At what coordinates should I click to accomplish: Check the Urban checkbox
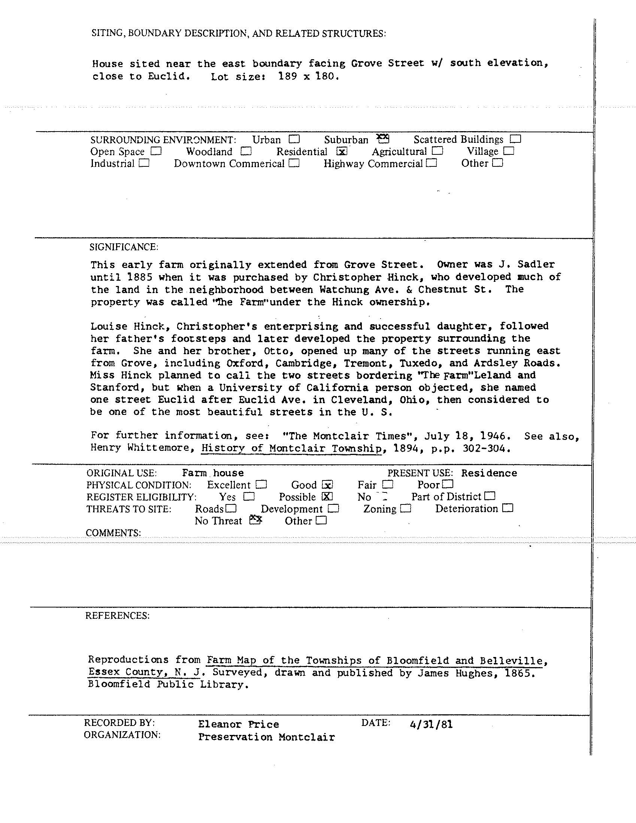click(x=294, y=139)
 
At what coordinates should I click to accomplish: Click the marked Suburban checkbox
click(x=383, y=139)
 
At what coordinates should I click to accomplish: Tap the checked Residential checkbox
click(x=342, y=151)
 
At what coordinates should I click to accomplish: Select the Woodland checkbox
click(x=246, y=151)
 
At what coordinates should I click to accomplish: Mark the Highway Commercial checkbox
click(x=432, y=163)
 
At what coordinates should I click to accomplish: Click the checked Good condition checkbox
click(x=328, y=485)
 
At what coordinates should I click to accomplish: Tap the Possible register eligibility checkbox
click(x=328, y=496)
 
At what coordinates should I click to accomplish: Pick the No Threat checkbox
click(x=256, y=521)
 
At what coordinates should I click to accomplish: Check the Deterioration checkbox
click(x=508, y=508)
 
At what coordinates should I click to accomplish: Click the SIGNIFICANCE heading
click(x=124, y=247)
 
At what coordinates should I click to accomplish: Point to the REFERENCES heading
click(x=118, y=615)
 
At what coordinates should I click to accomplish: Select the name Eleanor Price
click(x=238, y=724)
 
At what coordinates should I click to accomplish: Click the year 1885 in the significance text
click(x=140, y=277)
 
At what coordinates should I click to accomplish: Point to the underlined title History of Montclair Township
click(x=291, y=449)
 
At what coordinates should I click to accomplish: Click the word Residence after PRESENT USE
click(x=489, y=473)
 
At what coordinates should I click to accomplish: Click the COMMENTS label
click(x=113, y=533)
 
